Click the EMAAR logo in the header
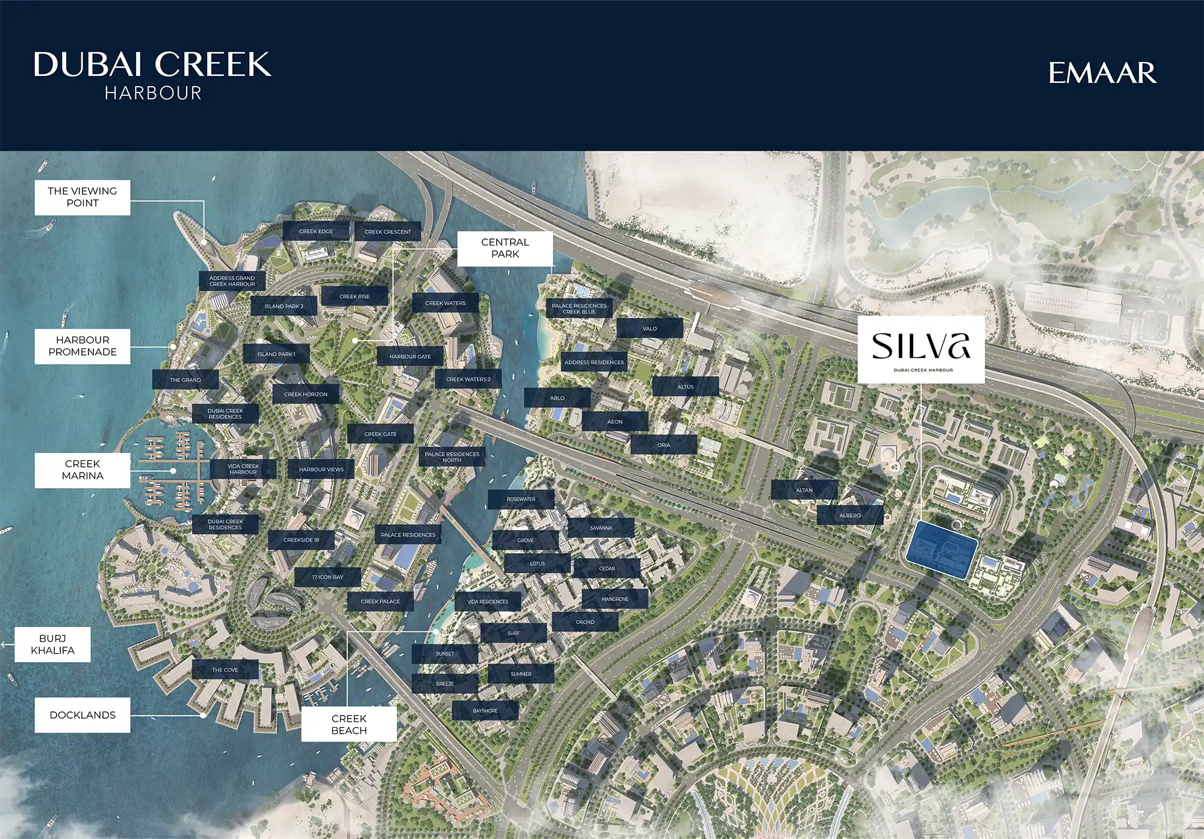[x=1102, y=73]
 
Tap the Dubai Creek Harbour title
[x=152, y=75]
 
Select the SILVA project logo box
[x=920, y=350]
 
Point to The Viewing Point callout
[x=82, y=197]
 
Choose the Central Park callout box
[x=504, y=248]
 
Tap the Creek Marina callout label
[x=82, y=470]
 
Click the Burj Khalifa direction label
[x=52, y=645]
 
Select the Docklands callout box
[x=82, y=715]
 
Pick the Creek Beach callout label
[x=349, y=724]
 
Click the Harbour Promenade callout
[x=82, y=346]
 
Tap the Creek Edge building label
[x=316, y=231]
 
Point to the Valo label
[x=650, y=329]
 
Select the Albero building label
[x=850, y=516]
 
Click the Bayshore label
[x=485, y=711]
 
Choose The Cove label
[x=225, y=670]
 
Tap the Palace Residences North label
[x=452, y=457]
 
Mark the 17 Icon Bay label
[x=327, y=577]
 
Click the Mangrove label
[x=615, y=599]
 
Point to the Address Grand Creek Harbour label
[x=232, y=281]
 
